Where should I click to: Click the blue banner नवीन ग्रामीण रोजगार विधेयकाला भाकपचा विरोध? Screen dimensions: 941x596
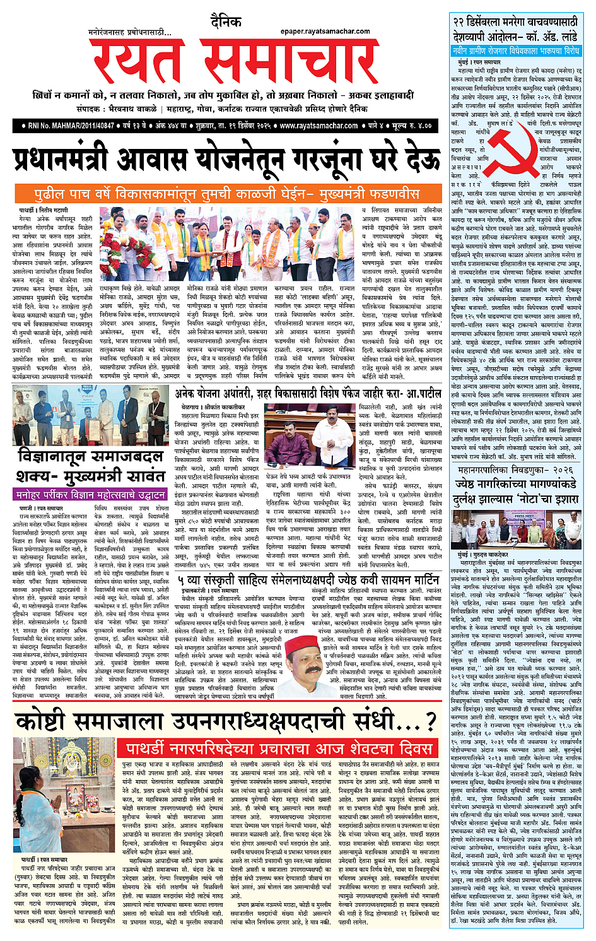tap(516, 50)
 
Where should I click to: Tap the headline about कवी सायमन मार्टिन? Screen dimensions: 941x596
tap(308, 579)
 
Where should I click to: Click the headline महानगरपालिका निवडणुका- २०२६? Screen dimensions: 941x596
tap(516, 471)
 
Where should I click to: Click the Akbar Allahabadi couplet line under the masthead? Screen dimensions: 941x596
tap(223, 96)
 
